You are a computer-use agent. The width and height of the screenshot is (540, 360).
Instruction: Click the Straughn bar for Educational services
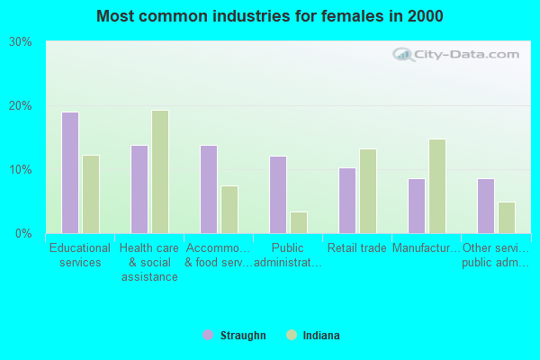tap(70, 173)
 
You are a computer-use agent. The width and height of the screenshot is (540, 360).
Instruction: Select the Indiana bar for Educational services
tap(91, 194)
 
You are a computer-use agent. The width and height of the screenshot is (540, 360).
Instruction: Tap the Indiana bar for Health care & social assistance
tap(160, 172)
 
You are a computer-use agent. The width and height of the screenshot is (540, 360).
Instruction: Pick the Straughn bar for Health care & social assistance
tap(139, 189)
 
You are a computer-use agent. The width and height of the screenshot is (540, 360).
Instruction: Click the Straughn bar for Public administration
tap(278, 194)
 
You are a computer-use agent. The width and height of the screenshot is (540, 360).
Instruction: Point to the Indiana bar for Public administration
tap(299, 222)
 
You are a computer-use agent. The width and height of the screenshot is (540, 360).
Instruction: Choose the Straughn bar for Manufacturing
tap(417, 206)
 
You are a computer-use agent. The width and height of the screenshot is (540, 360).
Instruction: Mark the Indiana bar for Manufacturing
tap(437, 186)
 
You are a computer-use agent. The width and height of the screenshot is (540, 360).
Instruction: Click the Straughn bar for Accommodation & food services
tap(209, 189)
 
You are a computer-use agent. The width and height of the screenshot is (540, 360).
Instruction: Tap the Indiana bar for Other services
tap(507, 218)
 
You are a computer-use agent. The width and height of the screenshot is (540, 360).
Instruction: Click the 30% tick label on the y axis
tap(21, 42)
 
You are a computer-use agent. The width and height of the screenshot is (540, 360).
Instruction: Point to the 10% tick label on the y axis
tap(21, 170)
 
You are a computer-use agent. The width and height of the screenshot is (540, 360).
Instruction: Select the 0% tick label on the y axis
tap(24, 234)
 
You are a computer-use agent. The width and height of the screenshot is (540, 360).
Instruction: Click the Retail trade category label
tap(357, 248)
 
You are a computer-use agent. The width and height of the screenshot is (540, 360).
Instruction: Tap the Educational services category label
tap(80, 256)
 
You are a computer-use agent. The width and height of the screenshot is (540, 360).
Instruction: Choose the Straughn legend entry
tap(242, 336)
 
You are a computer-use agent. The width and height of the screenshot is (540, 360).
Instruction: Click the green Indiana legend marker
tap(291, 336)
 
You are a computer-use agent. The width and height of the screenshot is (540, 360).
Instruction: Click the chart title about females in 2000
tap(270, 16)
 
